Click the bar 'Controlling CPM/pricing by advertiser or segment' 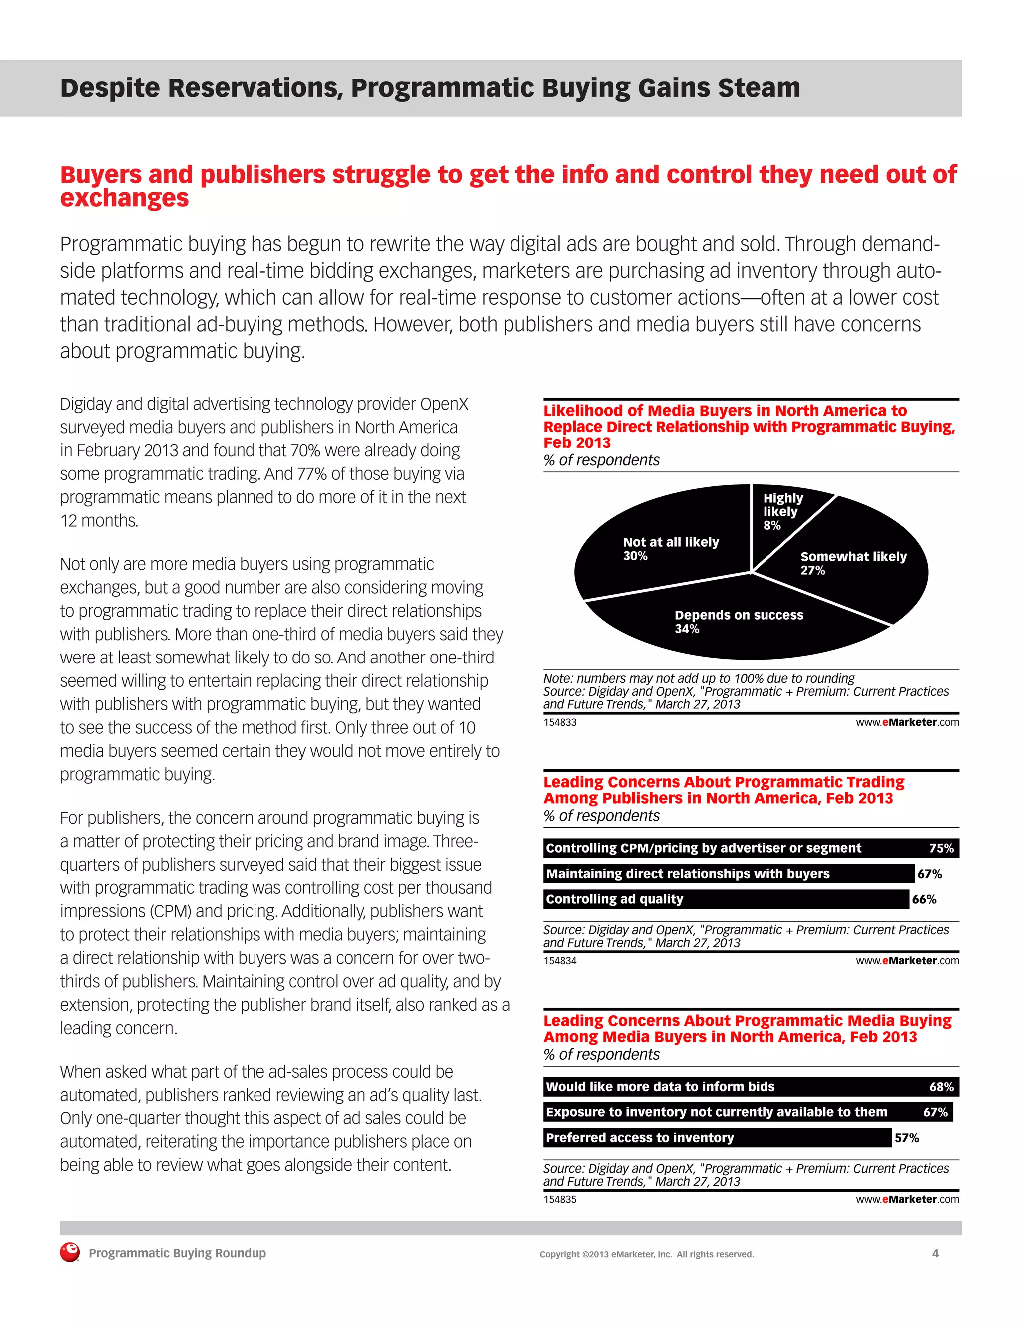pyautogui.click(x=751, y=848)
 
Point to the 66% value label pyautogui.click(x=924, y=899)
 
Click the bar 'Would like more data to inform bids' pyautogui.click(x=751, y=1087)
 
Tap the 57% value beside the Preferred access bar pyautogui.click(x=906, y=1138)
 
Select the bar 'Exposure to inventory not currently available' pyautogui.click(x=748, y=1112)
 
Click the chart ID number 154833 pyautogui.click(x=560, y=722)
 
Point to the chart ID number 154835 pyautogui.click(x=560, y=1199)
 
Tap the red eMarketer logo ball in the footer pyautogui.click(x=70, y=1252)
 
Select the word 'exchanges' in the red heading pyautogui.click(x=124, y=199)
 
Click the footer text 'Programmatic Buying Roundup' pyautogui.click(x=177, y=1253)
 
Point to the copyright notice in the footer pyautogui.click(x=647, y=1254)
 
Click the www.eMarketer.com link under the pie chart pyautogui.click(x=907, y=722)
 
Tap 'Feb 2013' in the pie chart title pyautogui.click(x=577, y=443)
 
